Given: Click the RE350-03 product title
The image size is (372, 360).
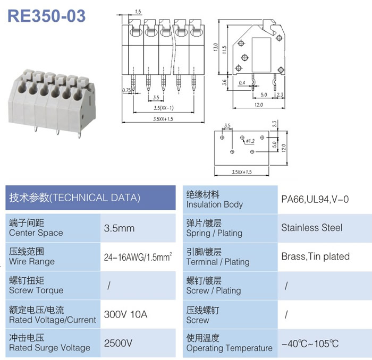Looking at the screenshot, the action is (x=47, y=16).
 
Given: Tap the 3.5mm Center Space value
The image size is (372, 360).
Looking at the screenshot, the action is (x=119, y=228).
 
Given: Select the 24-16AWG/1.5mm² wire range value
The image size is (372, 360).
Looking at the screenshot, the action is (x=138, y=257).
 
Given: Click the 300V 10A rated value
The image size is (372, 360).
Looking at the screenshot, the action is (x=125, y=314).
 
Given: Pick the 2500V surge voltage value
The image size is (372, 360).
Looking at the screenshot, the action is (x=118, y=343).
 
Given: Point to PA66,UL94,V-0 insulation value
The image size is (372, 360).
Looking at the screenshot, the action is (x=315, y=199).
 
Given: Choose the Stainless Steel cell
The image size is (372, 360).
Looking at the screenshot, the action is (x=312, y=228).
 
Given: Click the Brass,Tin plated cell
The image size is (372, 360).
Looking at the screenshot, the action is (x=316, y=256).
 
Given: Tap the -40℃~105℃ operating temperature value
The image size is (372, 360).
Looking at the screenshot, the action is (x=310, y=344).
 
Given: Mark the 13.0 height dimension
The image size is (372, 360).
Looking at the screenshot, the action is (x=215, y=47).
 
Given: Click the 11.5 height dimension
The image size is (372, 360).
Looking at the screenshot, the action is (x=224, y=50).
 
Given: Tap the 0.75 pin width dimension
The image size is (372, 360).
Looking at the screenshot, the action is (x=126, y=90).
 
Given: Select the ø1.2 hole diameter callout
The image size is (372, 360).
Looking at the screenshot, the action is (x=250, y=141).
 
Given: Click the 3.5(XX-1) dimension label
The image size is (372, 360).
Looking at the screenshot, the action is (x=164, y=108).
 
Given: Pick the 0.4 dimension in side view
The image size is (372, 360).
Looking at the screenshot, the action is (x=242, y=83).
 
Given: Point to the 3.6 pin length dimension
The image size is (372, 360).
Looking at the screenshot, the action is (x=224, y=82).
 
